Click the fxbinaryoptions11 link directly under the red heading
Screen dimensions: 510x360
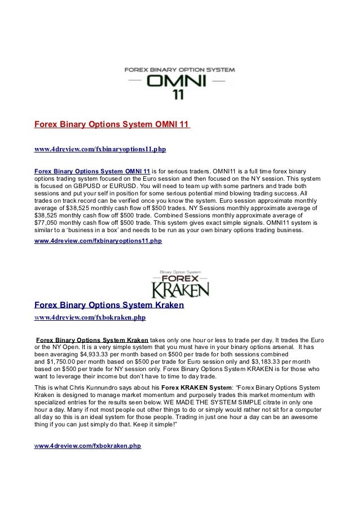(x=100, y=150)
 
